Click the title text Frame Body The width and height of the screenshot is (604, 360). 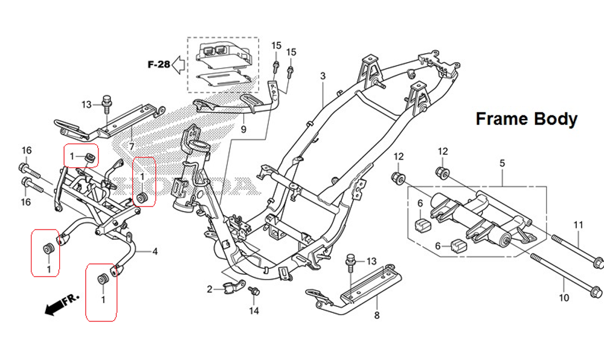pyautogui.click(x=526, y=119)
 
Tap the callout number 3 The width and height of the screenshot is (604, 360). pyautogui.click(x=323, y=76)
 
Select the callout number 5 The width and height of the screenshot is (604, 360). pyautogui.click(x=502, y=163)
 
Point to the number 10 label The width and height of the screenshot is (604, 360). pyautogui.click(x=564, y=298)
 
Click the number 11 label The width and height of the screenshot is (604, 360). pyautogui.click(x=578, y=225)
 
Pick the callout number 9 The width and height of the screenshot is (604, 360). pyautogui.click(x=243, y=130)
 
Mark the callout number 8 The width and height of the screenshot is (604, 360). pyautogui.click(x=376, y=315)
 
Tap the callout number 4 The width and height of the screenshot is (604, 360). pyautogui.click(x=155, y=251)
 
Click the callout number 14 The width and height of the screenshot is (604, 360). pyautogui.click(x=254, y=311)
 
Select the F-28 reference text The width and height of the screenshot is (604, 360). pyautogui.click(x=158, y=64)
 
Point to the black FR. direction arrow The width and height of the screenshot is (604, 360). pyautogui.click(x=57, y=306)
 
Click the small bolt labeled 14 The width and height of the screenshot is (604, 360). pyautogui.click(x=254, y=292)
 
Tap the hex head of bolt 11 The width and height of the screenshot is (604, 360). pyautogui.click(x=597, y=263)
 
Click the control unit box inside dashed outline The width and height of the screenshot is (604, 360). pyautogui.click(x=222, y=54)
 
